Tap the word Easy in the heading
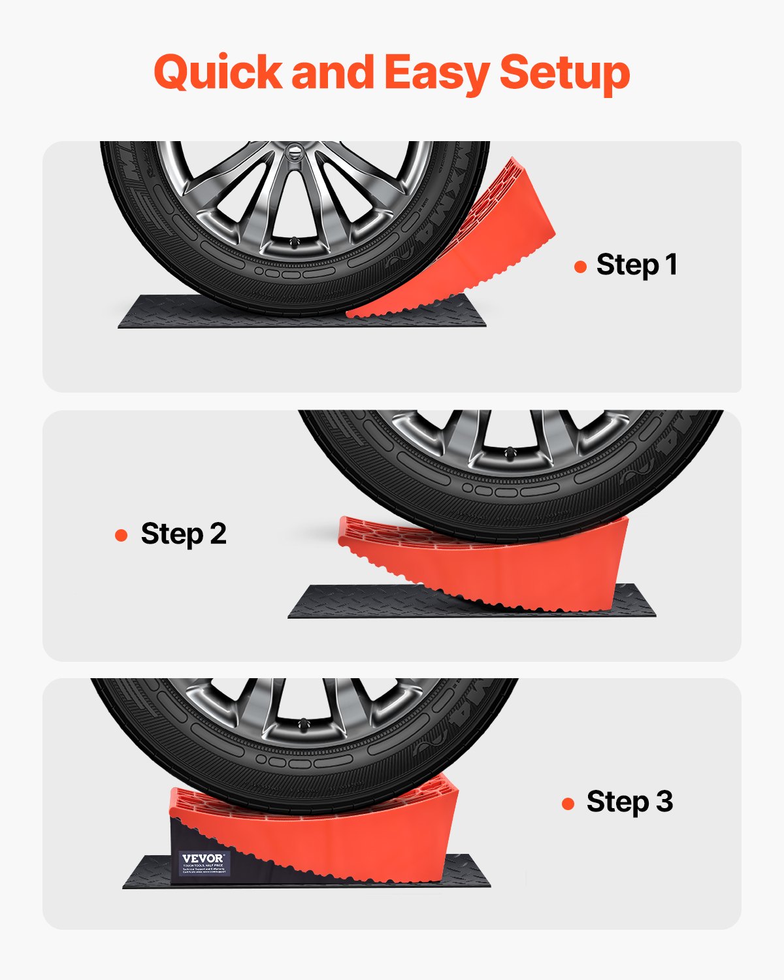point(436,72)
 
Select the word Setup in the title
point(564,72)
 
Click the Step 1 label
point(637,265)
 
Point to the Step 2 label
point(184,534)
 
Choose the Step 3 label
point(630,802)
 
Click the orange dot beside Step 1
point(580,267)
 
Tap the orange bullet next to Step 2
point(121,536)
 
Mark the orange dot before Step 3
point(568,804)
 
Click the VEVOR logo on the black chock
point(203,858)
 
